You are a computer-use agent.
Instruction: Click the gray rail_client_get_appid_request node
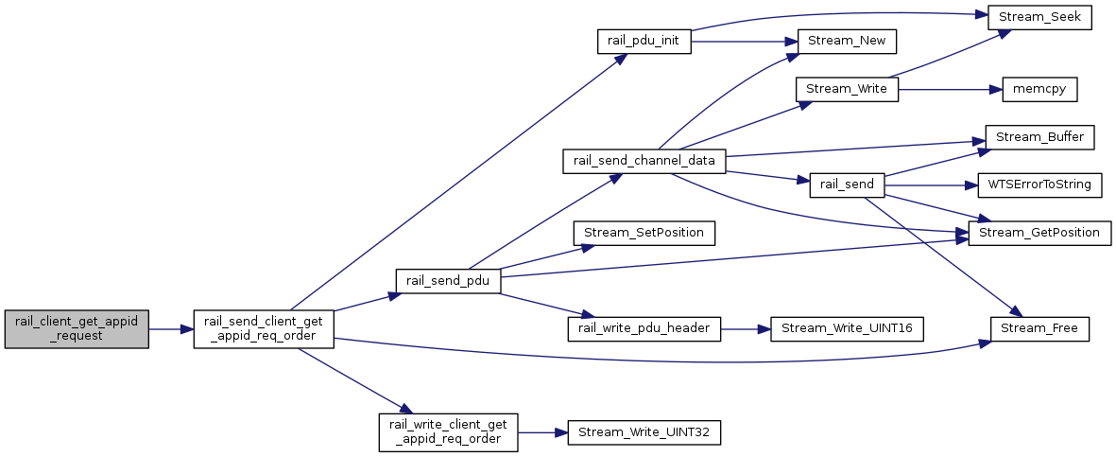(77, 329)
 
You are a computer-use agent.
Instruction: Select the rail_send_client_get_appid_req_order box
(264, 329)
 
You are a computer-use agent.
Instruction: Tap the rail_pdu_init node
(644, 42)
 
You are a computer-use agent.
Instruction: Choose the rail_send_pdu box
(447, 280)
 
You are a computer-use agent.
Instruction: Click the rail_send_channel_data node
(644, 161)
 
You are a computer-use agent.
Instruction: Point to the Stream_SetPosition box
(644, 233)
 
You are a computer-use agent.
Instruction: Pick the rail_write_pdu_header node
(644, 328)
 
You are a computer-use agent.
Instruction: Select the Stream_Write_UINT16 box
(847, 328)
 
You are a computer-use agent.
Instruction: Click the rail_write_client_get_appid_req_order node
(447, 432)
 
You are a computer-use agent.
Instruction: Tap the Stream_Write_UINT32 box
(644, 432)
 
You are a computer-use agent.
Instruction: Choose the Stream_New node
(847, 42)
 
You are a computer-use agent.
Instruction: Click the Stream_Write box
(847, 90)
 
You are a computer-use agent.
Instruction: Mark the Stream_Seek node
(1039, 18)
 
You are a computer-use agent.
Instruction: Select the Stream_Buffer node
(1039, 137)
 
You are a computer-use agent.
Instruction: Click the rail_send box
(847, 185)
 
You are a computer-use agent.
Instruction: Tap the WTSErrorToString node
(1039, 185)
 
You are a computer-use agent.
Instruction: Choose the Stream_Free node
(1039, 328)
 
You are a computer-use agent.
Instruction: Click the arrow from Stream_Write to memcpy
(945, 90)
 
